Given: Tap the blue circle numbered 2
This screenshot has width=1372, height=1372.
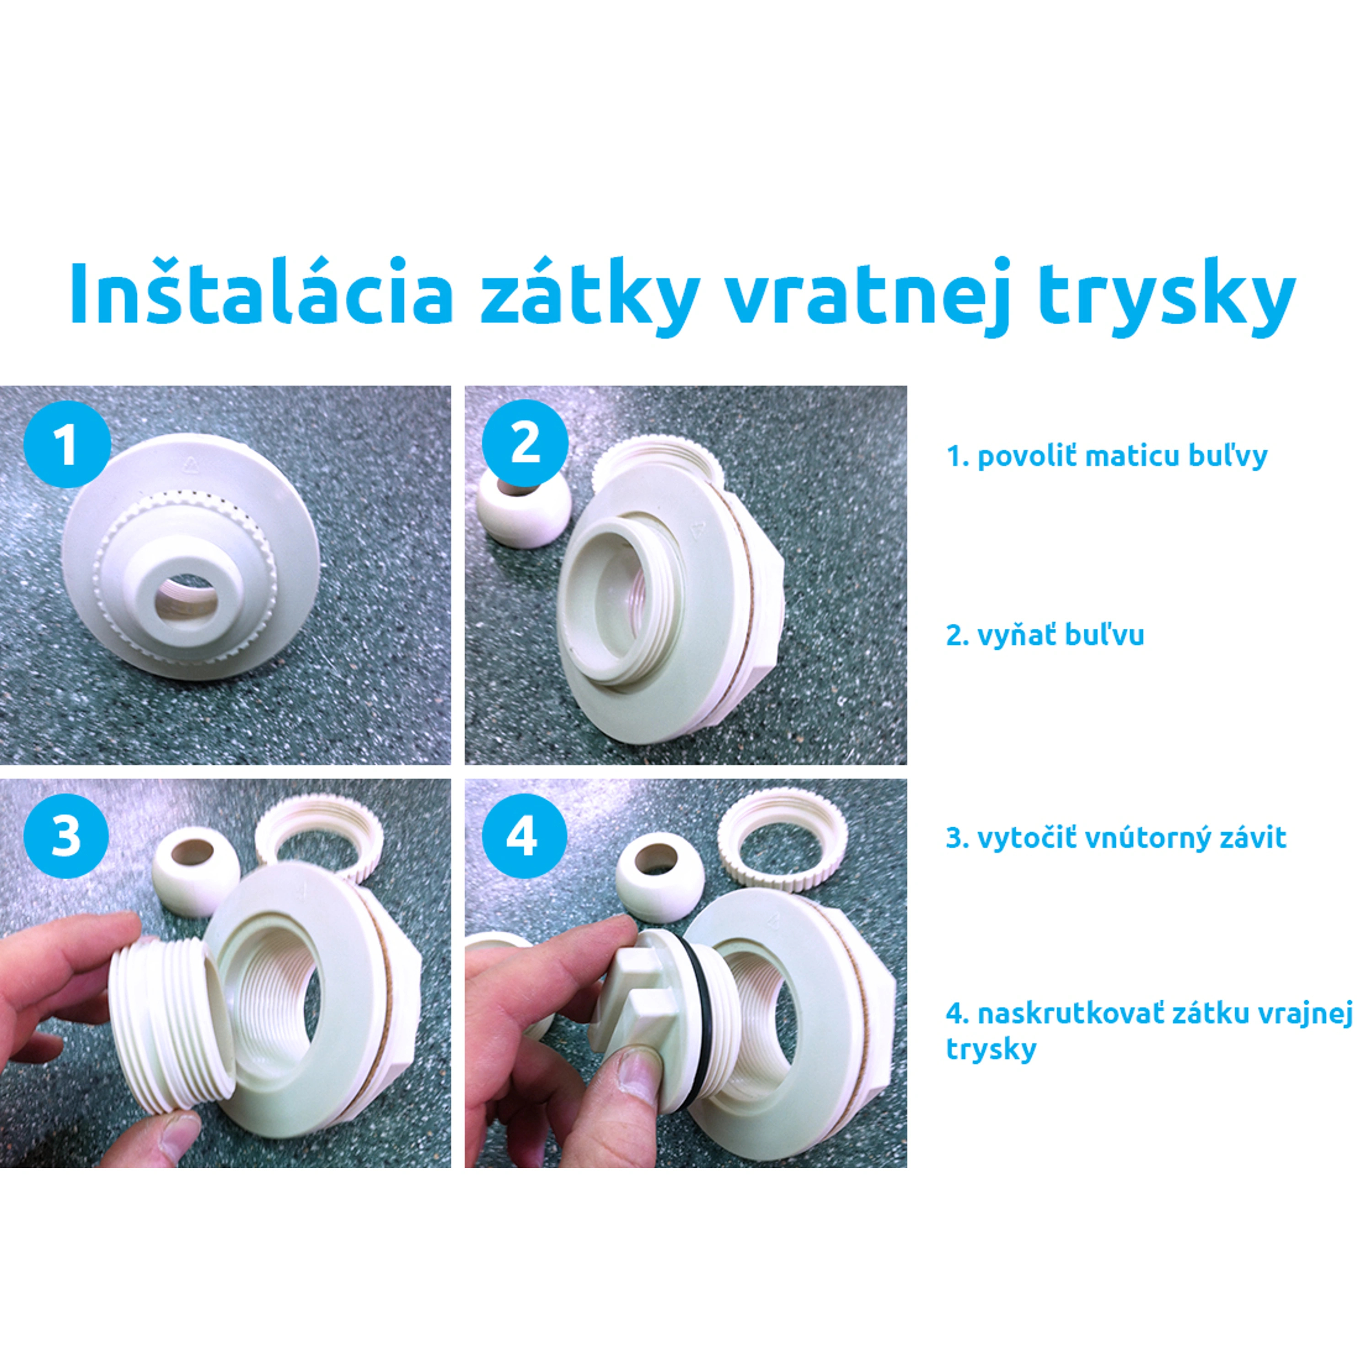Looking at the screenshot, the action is [x=525, y=444].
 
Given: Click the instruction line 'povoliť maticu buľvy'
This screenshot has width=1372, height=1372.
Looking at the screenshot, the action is [x=1106, y=456].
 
